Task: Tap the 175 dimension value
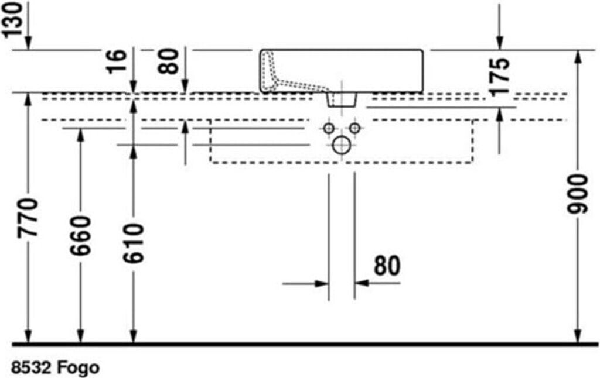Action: (x=500, y=76)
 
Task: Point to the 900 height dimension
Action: (x=577, y=194)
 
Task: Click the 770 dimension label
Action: (x=28, y=218)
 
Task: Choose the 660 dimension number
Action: (x=80, y=235)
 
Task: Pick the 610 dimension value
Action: (x=133, y=243)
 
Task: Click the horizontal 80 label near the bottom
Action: (x=387, y=266)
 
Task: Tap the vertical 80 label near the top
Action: (x=169, y=62)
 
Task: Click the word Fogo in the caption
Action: (x=79, y=367)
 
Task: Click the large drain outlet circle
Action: (x=342, y=145)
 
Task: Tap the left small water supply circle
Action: (x=329, y=128)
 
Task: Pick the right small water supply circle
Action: (x=354, y=128)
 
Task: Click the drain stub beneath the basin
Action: (x=342, y=99)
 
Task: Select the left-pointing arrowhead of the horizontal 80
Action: (x=361, y=283)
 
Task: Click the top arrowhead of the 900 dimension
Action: (x=578, y=57)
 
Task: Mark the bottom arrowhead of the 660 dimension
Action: (x=80, y=336)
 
